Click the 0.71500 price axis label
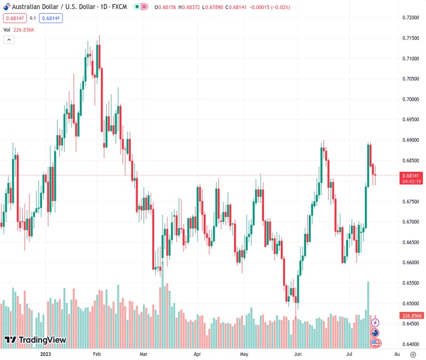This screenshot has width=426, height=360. [410, 38]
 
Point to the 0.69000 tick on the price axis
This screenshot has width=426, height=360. [410, 140]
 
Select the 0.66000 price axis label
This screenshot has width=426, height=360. [410, 262]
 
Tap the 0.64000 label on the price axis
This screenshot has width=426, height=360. [410, 344]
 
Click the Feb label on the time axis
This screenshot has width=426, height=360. [96, 354]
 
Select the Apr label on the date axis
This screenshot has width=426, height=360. [197, 354]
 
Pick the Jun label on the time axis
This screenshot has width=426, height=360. [298, 354]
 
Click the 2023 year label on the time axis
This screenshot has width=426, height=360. [46, 354]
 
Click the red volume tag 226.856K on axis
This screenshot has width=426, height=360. [411, 316]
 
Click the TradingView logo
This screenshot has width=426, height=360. [35, 340]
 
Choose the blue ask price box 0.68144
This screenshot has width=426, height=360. [51, 18]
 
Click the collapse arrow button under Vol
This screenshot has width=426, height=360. [9, 40]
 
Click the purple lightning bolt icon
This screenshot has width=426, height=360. [376, 323]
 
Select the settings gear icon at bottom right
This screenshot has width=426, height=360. [413, 354]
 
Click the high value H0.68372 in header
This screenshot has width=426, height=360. [206, 7]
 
